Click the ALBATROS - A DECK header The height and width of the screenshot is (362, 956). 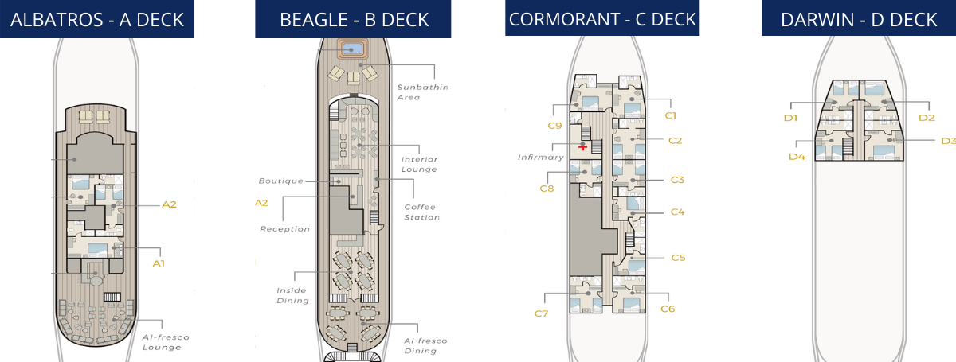point(96,19)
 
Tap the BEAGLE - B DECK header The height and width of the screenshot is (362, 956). point(354,19)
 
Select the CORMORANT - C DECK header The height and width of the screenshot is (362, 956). point(602,18)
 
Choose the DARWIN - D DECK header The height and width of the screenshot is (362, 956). point(858,19)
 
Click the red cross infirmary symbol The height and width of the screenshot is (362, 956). point(583,147)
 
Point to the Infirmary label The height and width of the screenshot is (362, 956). point(540,157)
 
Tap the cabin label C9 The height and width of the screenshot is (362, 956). point(554,125)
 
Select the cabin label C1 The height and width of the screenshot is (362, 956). point(670,115)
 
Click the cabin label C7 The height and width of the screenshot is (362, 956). point(541,313)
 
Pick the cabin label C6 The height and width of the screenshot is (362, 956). point(668,309)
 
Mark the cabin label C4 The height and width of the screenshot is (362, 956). point(678,212)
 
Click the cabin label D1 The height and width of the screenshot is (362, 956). point(790,118)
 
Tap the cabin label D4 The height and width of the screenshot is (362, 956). point(797,157)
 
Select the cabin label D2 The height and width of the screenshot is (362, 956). point(927,118)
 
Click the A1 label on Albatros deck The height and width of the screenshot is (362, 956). point(159,263)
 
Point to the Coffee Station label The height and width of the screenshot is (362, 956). point(421,212)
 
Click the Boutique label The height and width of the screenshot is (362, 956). point(280,181)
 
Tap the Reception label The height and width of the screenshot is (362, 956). point(284,229)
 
